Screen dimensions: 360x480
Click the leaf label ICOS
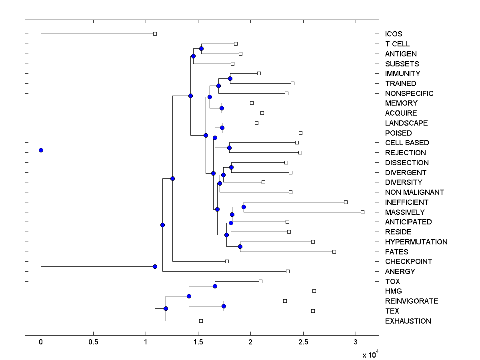[x=394, y=34]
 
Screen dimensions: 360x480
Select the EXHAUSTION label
[x=408, y=321]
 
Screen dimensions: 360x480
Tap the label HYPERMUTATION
[x=416, y=242]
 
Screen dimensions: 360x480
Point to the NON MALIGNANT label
[x=414, y=192]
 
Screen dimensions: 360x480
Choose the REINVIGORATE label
[x=412, y=301]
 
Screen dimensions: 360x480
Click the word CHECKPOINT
[x=408, y=261]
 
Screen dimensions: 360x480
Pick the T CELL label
[x=397, y=44]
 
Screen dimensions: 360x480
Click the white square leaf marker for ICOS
[x=155, y=34]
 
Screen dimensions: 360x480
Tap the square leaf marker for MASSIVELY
[x=362, y=212]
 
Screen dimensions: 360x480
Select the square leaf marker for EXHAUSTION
[x=201, y=321]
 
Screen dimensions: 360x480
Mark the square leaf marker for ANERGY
[x=288, y=271]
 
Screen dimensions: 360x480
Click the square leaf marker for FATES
[x=334, y=252]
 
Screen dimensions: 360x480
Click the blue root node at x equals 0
[x=41, y=150]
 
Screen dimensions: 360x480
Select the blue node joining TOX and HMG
[x=215, y=286]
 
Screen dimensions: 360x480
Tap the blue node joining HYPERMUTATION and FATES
[x=240, y=246]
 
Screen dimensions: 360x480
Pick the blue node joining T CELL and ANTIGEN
[x=201, y=48]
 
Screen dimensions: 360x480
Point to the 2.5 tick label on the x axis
[x=303, y=342]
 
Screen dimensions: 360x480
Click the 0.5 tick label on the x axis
[x=93, y=342]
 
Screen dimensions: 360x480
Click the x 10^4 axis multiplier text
[x=370, y=355]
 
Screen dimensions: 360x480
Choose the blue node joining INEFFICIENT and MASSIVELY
[x=244, y=207]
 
